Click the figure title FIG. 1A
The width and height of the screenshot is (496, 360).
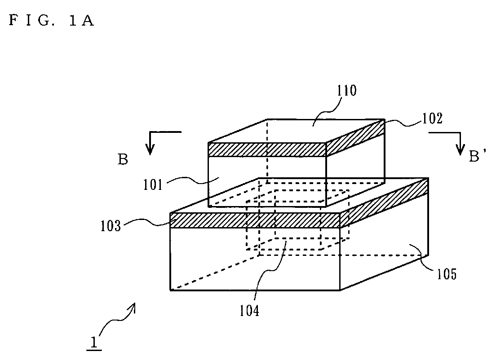point(51,21)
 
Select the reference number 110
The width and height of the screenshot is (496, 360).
point(346,91)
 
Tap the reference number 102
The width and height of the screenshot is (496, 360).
point(432,119)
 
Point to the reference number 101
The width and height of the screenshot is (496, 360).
point(153,185)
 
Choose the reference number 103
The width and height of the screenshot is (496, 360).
point(111,226)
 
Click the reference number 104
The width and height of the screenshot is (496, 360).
point(249,311)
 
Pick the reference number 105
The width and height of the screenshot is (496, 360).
point(447,274)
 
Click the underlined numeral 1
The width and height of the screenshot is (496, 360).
point(94,342)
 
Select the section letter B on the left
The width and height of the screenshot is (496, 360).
point(123,160)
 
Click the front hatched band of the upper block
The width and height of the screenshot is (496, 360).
point(267,150)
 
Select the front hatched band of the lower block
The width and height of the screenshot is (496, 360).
point(255,220)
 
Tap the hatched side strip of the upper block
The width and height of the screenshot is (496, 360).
point(355,138)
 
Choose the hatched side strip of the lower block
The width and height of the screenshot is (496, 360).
point(384,203)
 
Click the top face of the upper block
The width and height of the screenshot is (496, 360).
point(297,131)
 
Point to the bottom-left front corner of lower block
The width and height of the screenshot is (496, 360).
point(170,290)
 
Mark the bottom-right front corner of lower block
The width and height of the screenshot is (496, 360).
point(340,290)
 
